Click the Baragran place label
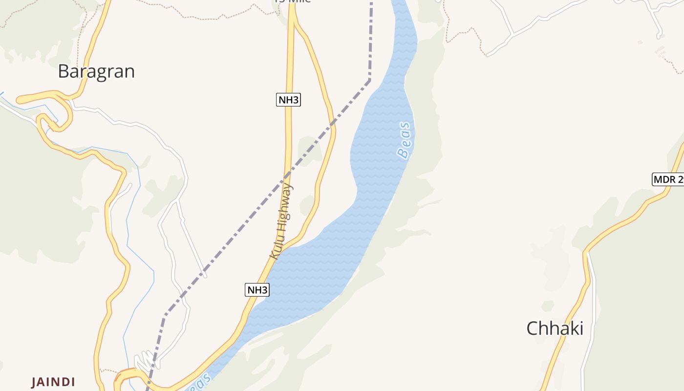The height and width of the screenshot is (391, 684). point(96,71)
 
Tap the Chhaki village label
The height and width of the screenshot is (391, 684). point(555,328)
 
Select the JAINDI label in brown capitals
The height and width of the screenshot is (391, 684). point(53,382)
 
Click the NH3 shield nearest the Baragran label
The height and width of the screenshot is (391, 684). point(288,100)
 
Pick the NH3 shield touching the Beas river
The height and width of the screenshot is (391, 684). point(257,290)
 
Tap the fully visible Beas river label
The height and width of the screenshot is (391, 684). point(404,141)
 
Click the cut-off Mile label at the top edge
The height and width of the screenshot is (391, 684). point(292,1)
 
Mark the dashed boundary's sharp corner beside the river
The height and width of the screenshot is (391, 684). point(370,79)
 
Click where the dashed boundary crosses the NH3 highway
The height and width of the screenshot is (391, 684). point(287,174)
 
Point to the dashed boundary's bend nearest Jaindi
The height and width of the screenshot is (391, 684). point(165,315)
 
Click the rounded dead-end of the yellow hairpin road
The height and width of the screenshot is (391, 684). point(20,100)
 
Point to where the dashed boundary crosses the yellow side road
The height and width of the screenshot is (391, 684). point(333,124)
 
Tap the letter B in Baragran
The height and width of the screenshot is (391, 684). point(64,71)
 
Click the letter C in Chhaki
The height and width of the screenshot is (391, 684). point(532,328)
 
